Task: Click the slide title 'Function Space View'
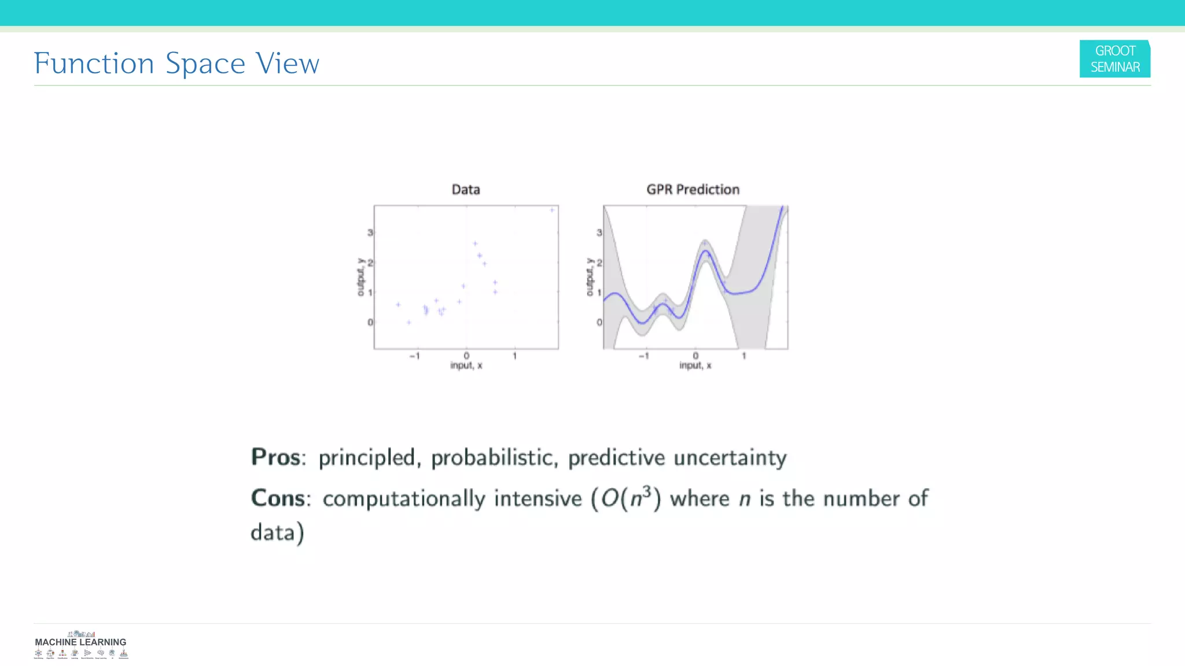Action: pos(176,63)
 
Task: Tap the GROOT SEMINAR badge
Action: pos(1114,59)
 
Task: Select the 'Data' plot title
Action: pos(466,190)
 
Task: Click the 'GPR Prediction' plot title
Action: pos(693,190)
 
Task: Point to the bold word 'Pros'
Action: pos(276,457)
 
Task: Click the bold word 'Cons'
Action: pos(278,498)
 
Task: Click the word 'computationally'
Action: pos(404,499)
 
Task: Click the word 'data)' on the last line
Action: pos(277,532)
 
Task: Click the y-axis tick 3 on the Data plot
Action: pos(370,232)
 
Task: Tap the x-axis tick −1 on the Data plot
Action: pos(414,356)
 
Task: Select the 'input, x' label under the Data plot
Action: pos(466,365)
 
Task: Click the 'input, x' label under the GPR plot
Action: pos(695,365)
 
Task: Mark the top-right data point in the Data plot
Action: pos(552,210)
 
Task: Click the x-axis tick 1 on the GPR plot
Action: pos(744,356)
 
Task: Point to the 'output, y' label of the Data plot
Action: pos(361,277)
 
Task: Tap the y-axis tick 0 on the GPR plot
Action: pos(599,323)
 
